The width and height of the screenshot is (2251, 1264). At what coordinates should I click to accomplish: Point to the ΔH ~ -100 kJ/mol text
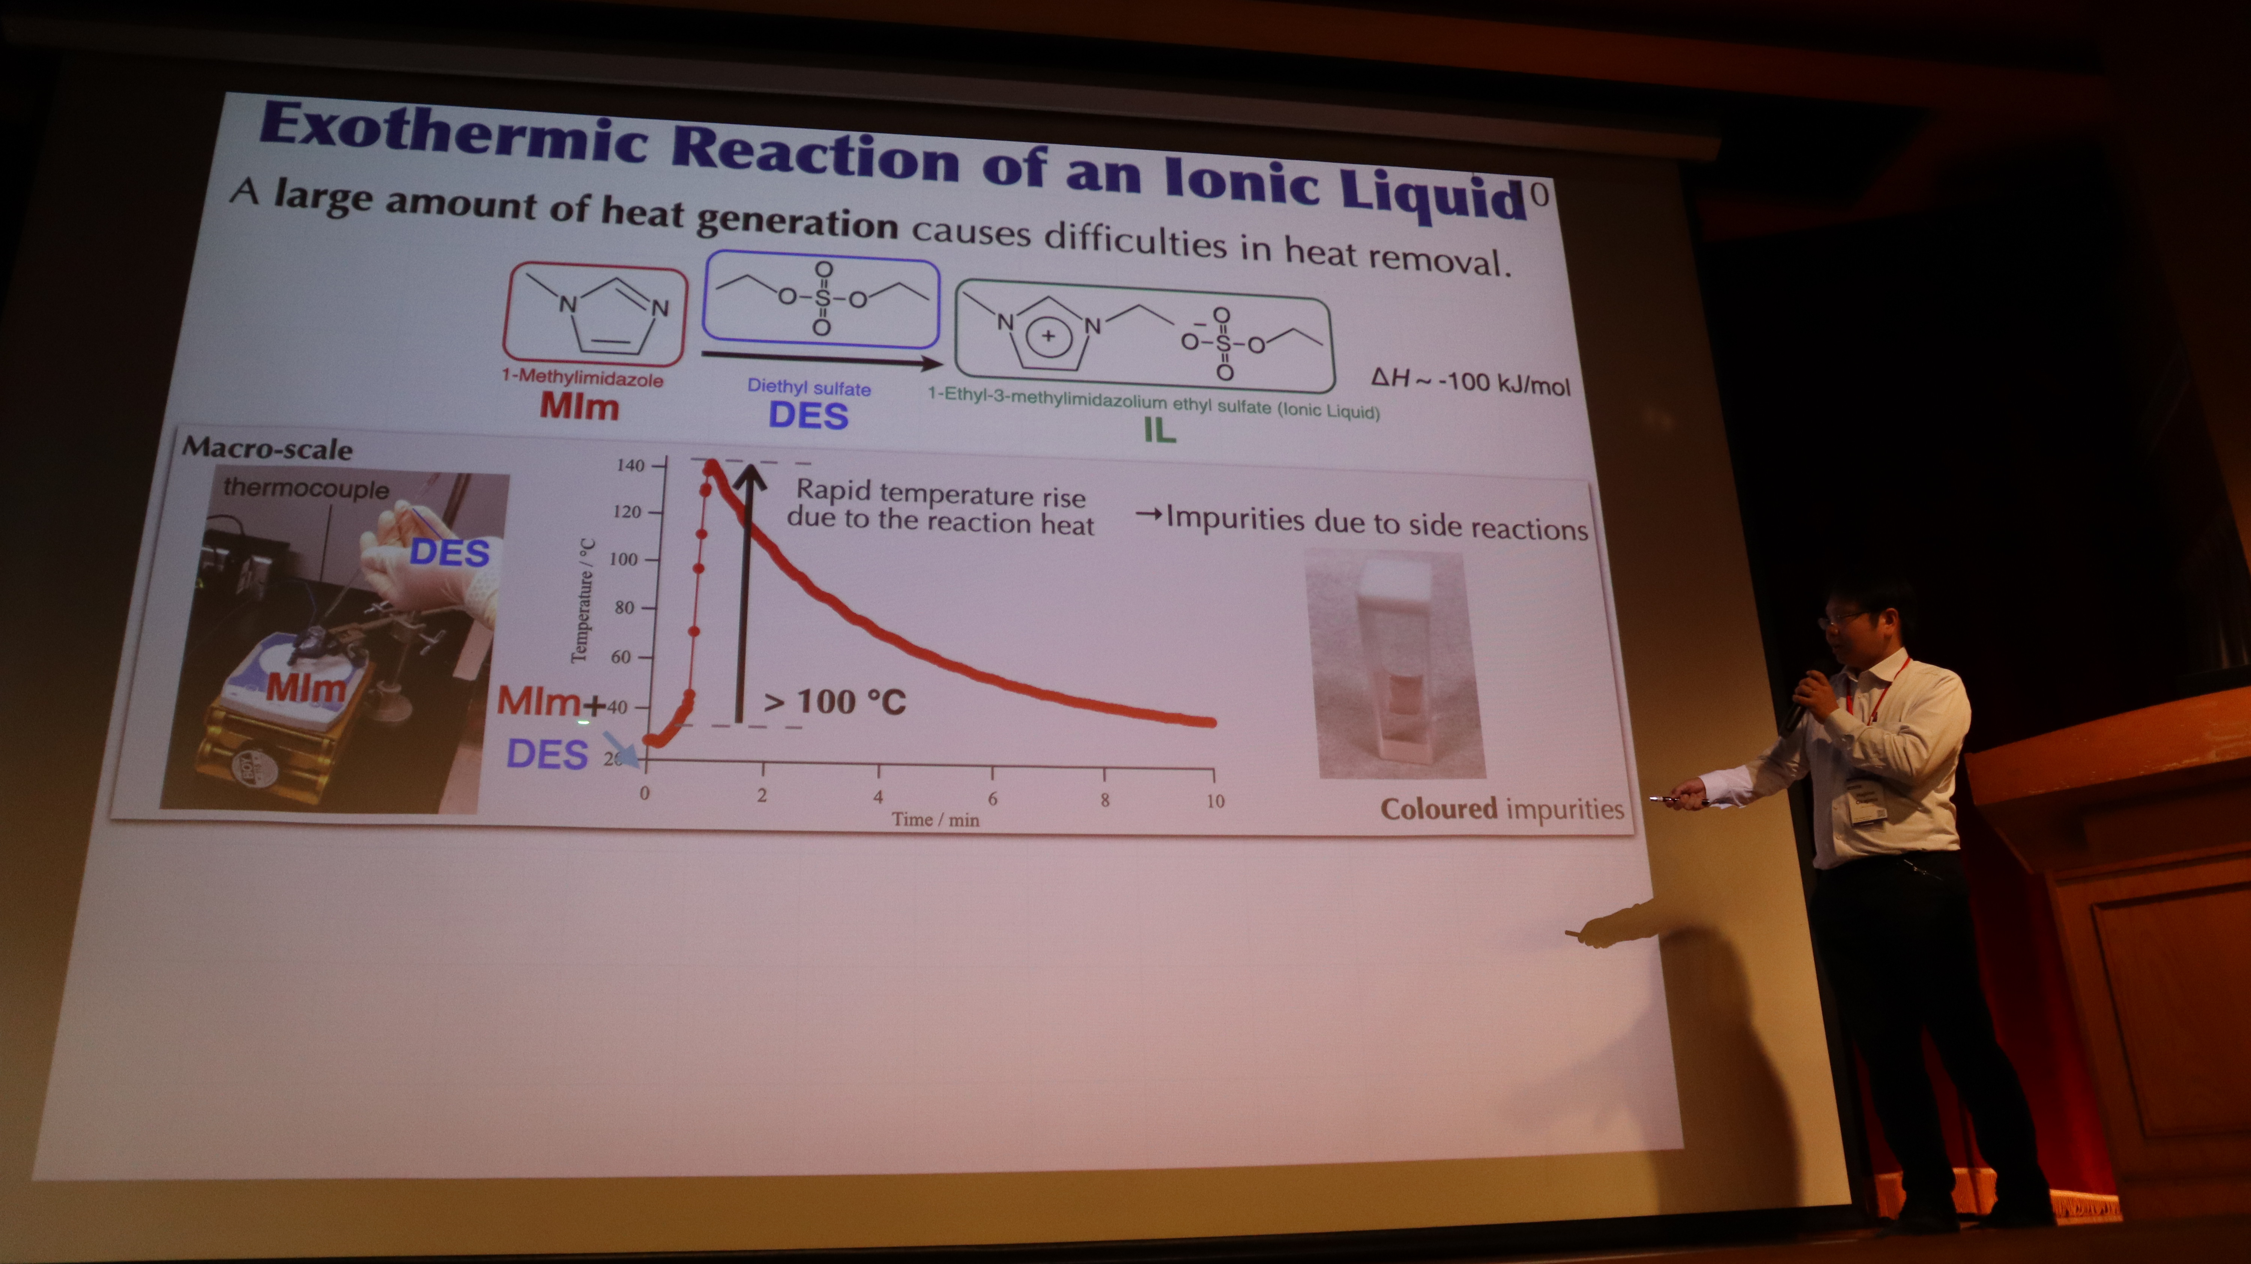coord(1470,381)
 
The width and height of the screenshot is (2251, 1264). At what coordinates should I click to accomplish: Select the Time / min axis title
coord(935,819)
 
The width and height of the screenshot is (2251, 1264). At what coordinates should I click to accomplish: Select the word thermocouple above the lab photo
coord(306,488)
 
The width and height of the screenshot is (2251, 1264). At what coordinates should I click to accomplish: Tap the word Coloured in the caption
coord(1438,808)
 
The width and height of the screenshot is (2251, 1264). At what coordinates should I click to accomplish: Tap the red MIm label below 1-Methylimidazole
coord(579,406)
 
